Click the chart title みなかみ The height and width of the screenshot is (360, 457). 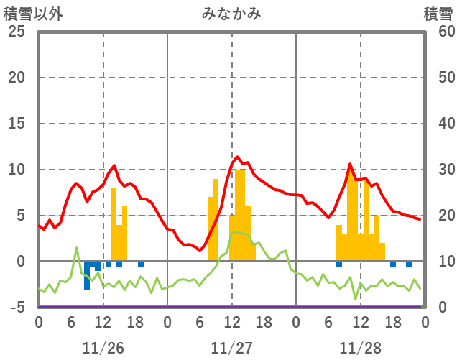click(231, 14)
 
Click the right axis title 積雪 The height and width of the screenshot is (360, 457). click(437, 14)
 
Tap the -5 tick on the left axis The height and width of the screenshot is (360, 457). click(16, 308)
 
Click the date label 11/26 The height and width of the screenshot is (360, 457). click(103, 348)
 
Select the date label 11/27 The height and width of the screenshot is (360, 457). click(231, 348)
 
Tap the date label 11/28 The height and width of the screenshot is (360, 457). click(361, 348)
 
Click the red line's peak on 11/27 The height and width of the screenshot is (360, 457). click(237, 157)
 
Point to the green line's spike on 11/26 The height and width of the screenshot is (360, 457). click(76, 248)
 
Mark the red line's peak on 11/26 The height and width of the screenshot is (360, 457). click(114, 165)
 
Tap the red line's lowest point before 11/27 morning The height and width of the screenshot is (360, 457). click(200, 251)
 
